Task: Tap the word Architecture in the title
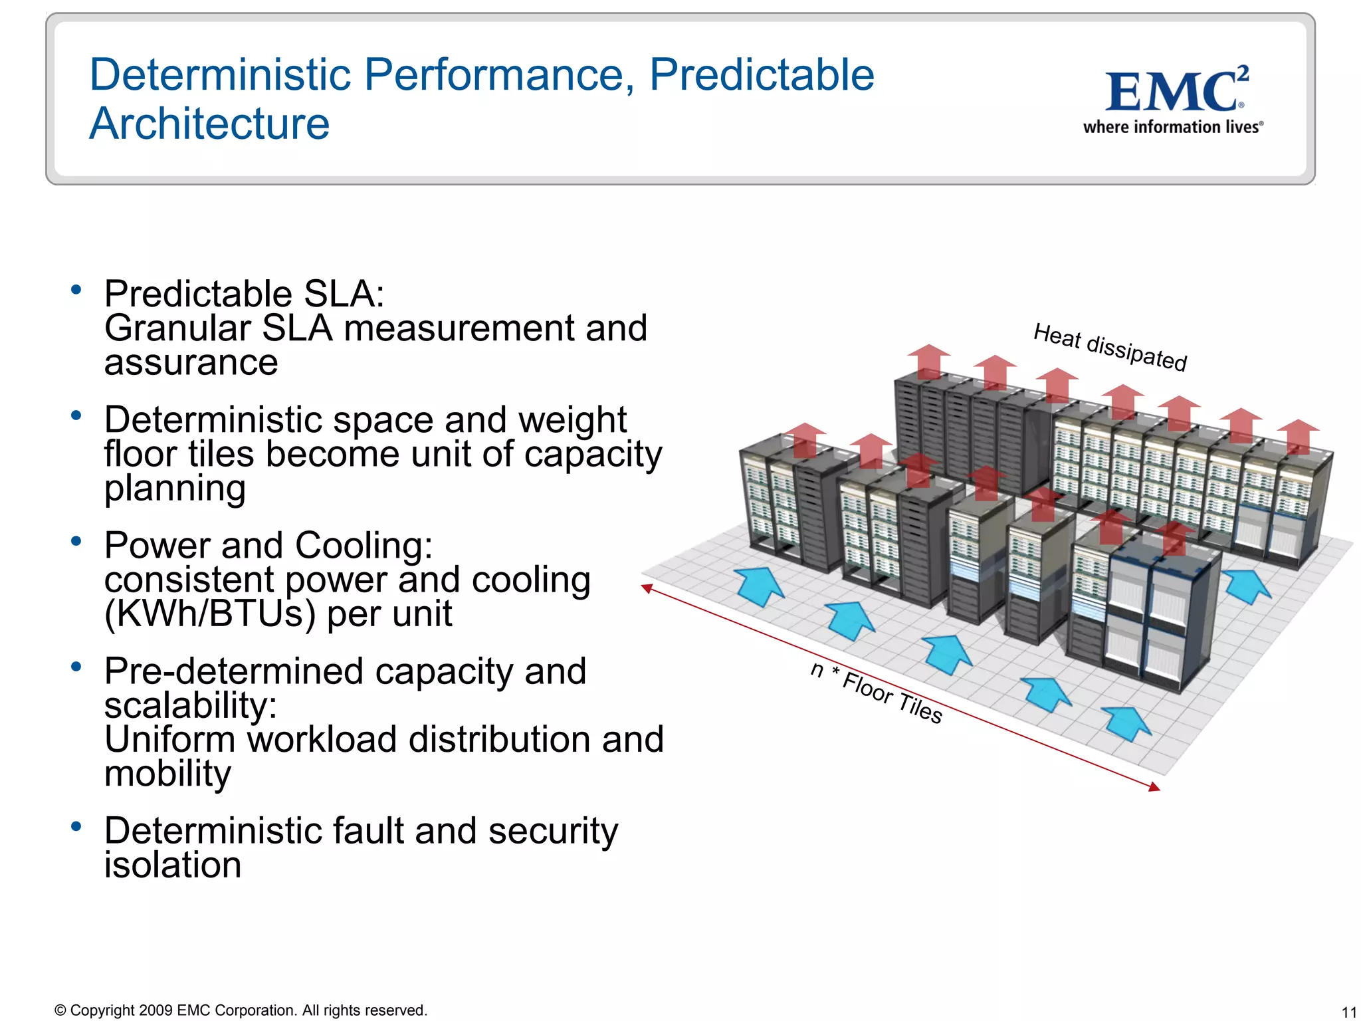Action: click(209, 124)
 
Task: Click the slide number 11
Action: click(1348, 1012)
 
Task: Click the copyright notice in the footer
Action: click(241, 1010)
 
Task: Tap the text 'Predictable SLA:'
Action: click(244, 294)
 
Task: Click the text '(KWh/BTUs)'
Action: click(209, 614)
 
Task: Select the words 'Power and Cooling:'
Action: click(268, 546)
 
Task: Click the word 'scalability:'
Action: click(190, 705)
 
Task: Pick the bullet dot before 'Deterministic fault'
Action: click(76, 826)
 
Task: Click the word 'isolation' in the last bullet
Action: click(173, 865)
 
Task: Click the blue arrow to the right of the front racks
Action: click(1247, 585)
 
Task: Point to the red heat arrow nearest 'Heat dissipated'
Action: click(1057, 384)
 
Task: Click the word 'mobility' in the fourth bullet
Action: click(167, 773)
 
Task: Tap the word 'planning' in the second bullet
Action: click(175, 488)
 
